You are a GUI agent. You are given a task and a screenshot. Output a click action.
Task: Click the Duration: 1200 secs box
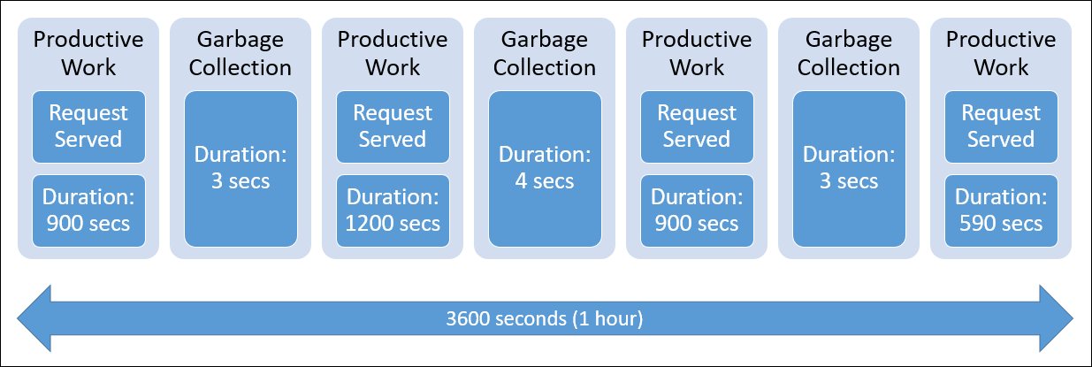tap(393, 210)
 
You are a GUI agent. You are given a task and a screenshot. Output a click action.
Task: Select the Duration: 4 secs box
tap(545, 168)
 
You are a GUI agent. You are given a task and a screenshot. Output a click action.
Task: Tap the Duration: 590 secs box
tap(1001, 210)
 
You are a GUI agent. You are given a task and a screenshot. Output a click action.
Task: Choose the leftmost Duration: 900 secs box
tap(88, 210)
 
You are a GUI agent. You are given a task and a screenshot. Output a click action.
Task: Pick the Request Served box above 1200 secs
tap(393, 126)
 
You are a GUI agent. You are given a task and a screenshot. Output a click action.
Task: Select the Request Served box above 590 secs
tap(1001, 126)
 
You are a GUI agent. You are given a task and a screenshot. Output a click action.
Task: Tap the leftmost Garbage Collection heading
tap(241, 54)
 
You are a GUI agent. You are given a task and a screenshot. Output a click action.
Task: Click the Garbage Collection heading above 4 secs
tap(545, 54)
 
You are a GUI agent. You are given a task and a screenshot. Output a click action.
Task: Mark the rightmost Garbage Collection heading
tap(849, 54)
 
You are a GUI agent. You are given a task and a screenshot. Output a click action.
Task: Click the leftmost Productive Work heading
tap(88, 54)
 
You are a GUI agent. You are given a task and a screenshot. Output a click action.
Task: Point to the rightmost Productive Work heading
tap(1001, 54)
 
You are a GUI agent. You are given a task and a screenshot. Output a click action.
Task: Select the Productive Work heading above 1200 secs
tap(393, 54)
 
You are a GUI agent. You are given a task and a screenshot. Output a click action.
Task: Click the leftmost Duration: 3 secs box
tap(241, 168)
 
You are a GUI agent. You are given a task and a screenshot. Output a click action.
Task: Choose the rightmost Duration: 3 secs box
tap(849, 168)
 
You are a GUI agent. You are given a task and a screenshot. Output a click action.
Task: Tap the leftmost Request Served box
tap(88, 126)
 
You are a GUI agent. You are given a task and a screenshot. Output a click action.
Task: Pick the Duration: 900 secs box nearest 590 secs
tap(697, 210)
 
